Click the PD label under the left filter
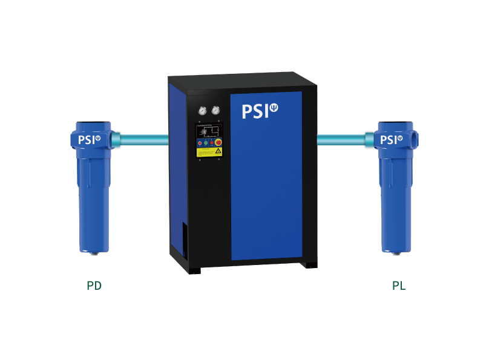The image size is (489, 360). tap(94, 286)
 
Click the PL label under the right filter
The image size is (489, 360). tap(398, 286)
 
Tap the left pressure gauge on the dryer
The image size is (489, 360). tap(201, 111)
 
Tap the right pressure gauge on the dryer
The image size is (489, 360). tap(215, 110)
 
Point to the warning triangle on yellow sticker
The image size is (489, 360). tap(218, 151)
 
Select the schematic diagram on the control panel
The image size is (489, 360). tap(209, 133)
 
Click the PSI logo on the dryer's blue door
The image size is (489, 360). tap(260, 111)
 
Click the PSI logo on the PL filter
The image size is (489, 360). tap(392, 140)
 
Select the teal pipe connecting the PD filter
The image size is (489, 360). tap(144, 140)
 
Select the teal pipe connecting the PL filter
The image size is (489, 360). tap(341, 140)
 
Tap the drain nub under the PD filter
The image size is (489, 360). tap(94, 253)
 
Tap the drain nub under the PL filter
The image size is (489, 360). tap(395, 253)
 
